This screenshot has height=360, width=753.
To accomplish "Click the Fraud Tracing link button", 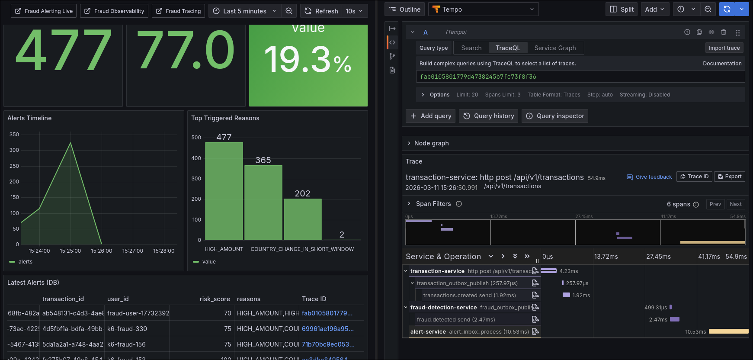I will [x=179, y=11].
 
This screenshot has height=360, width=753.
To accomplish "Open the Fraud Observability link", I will [x=114, y=11].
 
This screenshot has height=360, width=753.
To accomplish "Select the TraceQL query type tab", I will [x=508, y=48].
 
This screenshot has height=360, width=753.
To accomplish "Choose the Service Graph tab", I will [x=555, y=48].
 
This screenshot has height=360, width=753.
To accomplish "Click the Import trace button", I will [x=724, y=48].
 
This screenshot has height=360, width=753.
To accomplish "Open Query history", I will [x=489, y=116].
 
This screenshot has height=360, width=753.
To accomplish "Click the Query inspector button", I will [x=555, y=116].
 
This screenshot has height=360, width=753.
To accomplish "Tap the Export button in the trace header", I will [x=730, y=177].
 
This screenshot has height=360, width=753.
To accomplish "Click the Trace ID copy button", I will [x=694, y=177].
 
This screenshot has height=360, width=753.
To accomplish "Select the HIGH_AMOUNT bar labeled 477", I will [x=224, y=191].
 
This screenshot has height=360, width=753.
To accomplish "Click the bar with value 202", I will [x=302, y=219].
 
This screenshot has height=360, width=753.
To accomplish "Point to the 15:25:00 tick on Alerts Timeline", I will [x=70, y=251].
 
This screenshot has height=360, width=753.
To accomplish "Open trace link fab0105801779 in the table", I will [x=327, y=313].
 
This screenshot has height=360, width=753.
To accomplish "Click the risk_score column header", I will [x=215, y=299].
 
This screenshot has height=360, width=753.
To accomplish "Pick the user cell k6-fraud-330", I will [x=127, y=329].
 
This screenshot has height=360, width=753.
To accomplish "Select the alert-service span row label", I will [x=428, y=332].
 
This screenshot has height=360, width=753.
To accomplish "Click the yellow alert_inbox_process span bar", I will [x=728, y=331].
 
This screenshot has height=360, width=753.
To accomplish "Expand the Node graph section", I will [x=431, y=143].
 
